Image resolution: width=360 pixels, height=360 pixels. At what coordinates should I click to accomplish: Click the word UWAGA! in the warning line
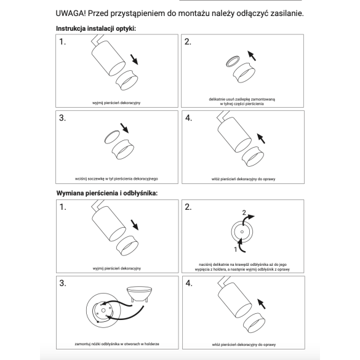click(71, 14)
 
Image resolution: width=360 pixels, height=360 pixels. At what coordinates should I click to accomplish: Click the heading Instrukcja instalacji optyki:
click(96, 28)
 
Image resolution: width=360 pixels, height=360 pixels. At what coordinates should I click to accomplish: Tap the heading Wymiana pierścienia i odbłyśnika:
click(107, 193)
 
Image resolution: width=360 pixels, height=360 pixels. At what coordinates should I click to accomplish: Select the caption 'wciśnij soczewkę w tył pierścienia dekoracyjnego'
click(116, 178)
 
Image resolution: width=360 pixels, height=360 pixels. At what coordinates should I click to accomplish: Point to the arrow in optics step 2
click(252, 55)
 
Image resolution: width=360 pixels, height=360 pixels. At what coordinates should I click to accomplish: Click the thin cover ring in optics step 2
click(233, 62)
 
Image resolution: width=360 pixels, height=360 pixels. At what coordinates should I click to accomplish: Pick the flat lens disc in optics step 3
click(112, 137)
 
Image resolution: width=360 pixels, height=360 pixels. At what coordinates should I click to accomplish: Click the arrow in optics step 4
click(261, 138)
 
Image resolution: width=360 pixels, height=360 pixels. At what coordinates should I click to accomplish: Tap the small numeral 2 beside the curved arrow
click(244, 212)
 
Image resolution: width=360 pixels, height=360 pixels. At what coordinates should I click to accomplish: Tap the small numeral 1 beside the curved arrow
click(235, 249)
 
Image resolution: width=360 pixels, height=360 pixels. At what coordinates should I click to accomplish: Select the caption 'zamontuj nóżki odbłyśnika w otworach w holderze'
click(117, 344)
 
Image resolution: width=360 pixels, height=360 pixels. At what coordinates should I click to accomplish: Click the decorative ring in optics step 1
click(127, 80)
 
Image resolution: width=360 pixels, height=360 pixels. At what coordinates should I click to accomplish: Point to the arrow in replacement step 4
click(262, 304)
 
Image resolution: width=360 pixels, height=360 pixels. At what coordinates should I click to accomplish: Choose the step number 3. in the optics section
click(62, 118)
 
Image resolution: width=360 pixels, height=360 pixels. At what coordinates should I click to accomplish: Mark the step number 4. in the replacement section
click(189, 283)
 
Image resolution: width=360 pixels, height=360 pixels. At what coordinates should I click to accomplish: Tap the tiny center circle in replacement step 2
click(242, 231)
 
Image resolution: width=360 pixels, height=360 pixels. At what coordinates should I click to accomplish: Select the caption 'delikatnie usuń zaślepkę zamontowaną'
click(242, 100)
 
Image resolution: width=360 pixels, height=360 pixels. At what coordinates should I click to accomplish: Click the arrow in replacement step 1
click(135, 225)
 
